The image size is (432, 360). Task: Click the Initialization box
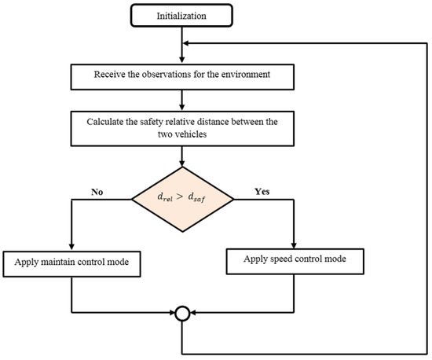(182, 15)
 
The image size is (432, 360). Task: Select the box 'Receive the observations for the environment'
(182, 76)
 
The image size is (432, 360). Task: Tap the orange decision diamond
(182, 199)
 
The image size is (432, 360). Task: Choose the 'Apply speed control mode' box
(293, 257)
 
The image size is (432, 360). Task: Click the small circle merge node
(182, 314)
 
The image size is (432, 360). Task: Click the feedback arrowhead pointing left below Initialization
(188, 43)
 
